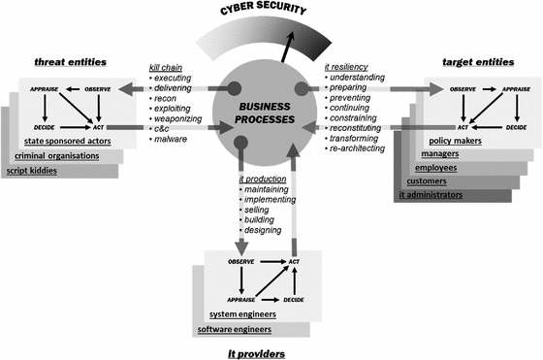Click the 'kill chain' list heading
click(166, 67)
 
